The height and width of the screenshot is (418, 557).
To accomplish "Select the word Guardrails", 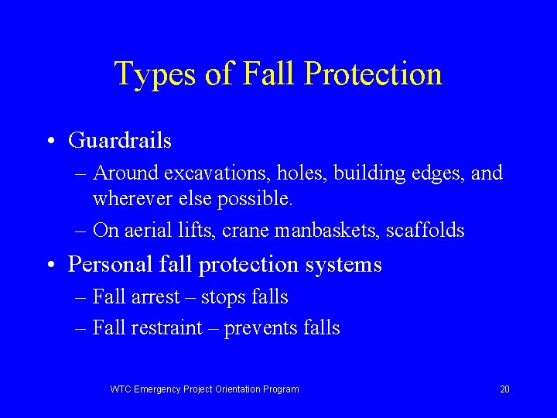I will click(x=120, y=141).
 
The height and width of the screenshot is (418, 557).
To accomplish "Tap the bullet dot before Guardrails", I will click(x=50, y=142).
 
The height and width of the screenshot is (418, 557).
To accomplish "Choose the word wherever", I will click(x=128, y=199).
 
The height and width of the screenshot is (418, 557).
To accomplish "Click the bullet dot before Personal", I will click(x=50, y=266).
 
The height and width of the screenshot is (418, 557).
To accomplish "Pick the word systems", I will click(x=347, y=266).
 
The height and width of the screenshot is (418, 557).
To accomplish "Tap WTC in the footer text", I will click(x=121, y=389).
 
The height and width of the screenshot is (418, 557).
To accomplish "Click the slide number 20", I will click(x=504, y=389).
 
